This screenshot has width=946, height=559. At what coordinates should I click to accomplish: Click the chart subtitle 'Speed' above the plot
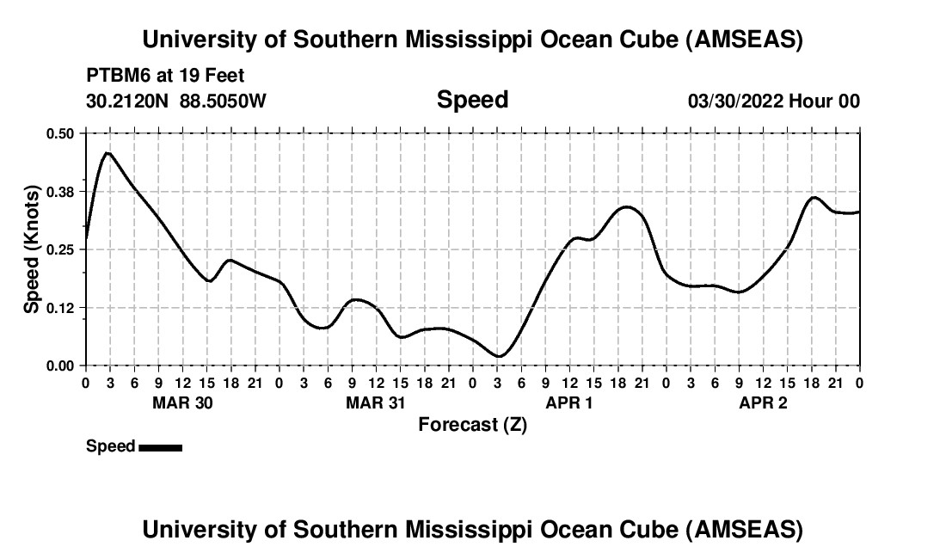(472, 101)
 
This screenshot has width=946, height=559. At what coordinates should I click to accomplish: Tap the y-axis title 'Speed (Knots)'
(32, 249)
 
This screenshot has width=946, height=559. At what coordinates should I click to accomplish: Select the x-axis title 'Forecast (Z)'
(472, 424)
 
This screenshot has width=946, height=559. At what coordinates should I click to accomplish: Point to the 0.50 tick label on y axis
(60, 133)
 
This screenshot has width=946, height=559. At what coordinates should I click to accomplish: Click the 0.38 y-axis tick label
(60, 191)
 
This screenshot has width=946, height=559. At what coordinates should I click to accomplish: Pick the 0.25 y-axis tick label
(60, 249)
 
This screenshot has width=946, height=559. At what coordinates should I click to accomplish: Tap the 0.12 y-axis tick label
(60, 308)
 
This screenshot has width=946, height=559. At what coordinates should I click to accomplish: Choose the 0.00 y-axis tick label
(60, 365)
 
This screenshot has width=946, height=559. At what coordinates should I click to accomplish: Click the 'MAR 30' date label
(182, 402)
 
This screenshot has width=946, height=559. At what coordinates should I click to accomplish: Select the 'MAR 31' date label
(376, 402)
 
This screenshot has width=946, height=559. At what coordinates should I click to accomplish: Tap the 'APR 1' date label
(569, 402)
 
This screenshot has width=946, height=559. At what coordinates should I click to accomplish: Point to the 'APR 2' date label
(763, 402)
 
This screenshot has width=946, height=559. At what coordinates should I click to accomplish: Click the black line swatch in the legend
(160, 447)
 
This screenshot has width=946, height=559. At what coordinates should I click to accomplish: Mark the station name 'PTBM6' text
(114, 76)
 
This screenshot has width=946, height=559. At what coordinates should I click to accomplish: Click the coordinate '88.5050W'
(223, 101)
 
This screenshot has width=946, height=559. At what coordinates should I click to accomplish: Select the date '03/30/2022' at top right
(735, 101)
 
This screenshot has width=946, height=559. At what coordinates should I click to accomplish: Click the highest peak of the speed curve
(107, 153)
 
